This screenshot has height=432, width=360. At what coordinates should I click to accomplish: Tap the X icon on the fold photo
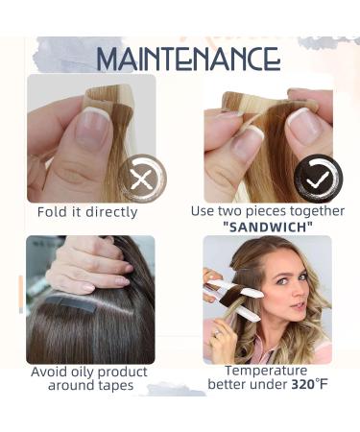(x=142, y=179)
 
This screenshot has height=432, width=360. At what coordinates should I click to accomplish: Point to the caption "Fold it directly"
(x=87, y=212)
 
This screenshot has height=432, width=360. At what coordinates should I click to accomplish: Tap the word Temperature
(x=265, y=371)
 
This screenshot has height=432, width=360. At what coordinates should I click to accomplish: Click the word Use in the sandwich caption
(x=204, y=211)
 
